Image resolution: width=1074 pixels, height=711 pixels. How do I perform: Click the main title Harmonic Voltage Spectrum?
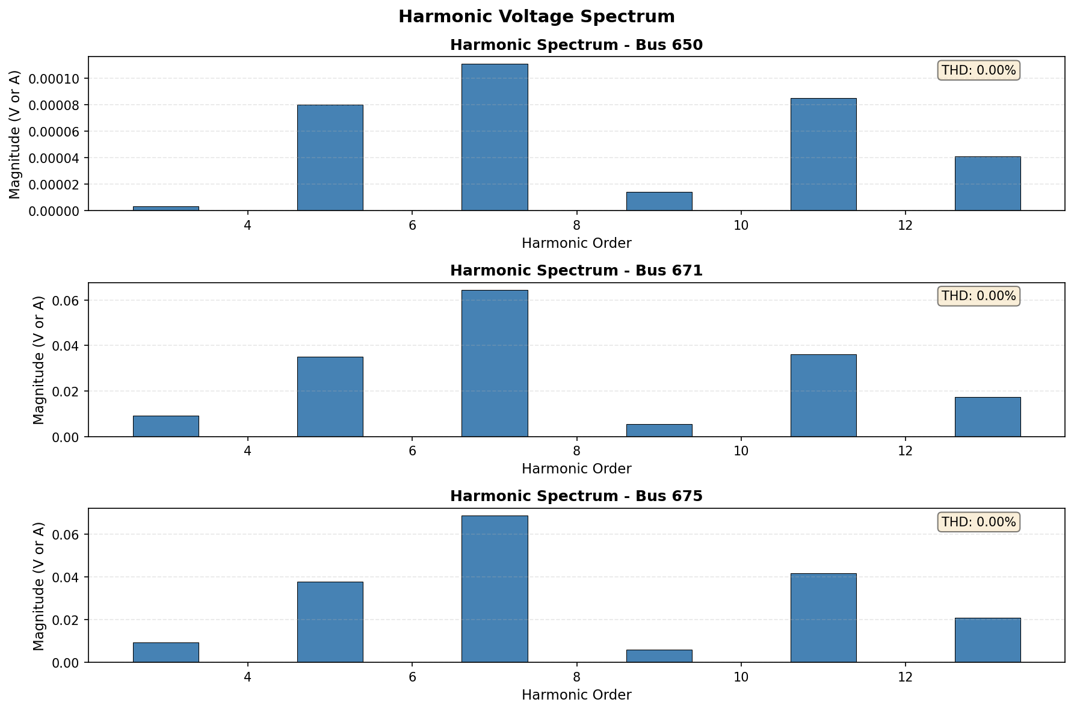(536, 17)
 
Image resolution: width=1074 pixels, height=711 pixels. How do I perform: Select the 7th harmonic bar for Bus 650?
(495, 137)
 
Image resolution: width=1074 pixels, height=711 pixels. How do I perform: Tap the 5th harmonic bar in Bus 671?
(330, 396)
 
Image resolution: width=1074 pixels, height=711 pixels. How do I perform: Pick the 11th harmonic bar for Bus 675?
(823, 618)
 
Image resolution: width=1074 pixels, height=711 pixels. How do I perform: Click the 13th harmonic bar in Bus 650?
(987, 183)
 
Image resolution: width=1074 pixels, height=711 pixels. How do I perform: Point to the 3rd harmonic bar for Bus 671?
(165, 426)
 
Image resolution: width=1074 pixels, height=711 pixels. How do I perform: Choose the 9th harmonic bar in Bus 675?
(659, 656)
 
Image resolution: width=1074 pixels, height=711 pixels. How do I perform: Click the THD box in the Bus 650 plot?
(978, 70)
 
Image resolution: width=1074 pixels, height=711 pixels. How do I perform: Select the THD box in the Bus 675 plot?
(978, 522)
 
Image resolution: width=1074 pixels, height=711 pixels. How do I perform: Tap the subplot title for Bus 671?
(576, 271)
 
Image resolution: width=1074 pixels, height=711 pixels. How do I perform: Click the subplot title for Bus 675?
(576, 496)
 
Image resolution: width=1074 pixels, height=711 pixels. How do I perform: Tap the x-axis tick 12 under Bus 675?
(905, 678)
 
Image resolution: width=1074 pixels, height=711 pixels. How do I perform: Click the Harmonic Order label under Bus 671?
(576, 469)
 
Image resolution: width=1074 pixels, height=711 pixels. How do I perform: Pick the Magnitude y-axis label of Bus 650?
(15, 134)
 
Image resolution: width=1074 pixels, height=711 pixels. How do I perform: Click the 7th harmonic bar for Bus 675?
(495, 589)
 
